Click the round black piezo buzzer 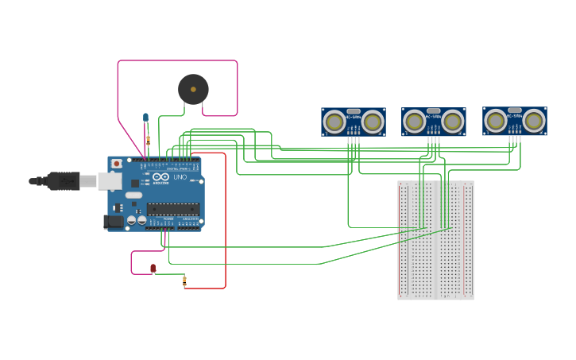[193, 89]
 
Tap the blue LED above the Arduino [145, 118]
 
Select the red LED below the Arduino [153, 269]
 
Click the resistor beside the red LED [184, 280]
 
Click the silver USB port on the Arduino [110, 181]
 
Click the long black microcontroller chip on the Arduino [172, 209]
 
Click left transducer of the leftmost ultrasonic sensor [334, 122]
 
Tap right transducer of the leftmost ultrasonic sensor [373, 122]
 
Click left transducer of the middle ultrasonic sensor [415, 122]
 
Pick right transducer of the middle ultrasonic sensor [453, 122]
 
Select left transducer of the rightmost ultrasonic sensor [496, 121]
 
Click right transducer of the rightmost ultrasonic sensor [534, 121]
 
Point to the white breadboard [435, 240]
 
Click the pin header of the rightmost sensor [515, 139]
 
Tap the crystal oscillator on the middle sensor [434, 111]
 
